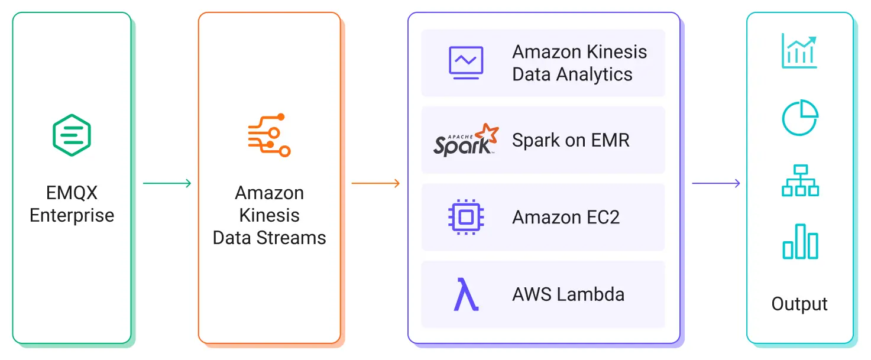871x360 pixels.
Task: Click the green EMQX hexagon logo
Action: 72,135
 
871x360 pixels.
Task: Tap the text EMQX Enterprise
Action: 72,204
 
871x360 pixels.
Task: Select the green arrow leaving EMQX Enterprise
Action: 167,183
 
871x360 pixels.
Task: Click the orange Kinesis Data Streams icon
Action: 269,135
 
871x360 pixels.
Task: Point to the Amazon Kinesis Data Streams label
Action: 269,215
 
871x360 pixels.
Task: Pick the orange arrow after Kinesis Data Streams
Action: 375,183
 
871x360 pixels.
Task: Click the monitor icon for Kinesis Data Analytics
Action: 466,63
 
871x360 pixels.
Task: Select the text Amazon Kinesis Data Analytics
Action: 579,63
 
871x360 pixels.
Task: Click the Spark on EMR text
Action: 571,141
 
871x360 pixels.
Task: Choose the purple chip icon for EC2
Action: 466,217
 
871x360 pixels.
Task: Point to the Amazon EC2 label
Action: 566,218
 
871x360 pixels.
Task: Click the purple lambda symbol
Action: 466,294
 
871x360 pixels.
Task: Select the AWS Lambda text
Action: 568,294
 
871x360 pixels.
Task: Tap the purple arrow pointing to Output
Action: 716,183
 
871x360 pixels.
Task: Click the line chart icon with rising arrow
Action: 799,51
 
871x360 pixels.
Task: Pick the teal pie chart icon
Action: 799,118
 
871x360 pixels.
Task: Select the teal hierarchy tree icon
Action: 799,180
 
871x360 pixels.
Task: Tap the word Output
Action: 799,304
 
